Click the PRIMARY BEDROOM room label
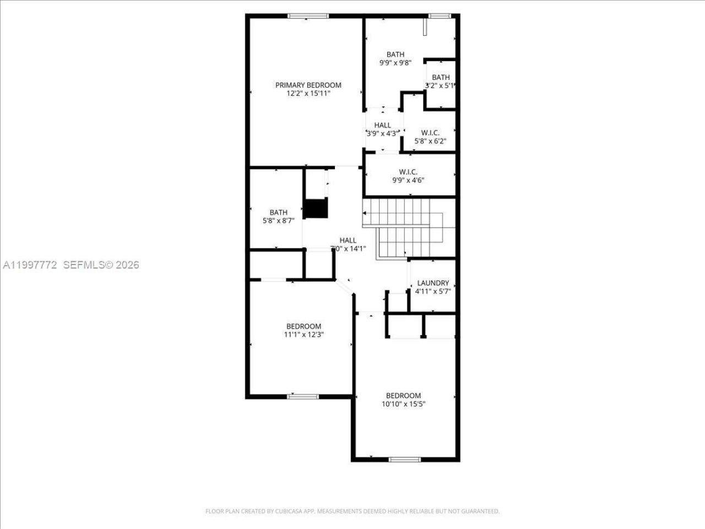308,85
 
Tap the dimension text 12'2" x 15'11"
308,94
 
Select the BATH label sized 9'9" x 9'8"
395,54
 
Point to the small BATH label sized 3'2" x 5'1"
440,77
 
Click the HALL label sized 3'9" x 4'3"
382,125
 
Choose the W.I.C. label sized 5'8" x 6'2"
430,132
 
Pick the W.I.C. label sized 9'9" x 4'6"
408,171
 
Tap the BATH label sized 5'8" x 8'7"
278,212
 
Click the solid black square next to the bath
316,209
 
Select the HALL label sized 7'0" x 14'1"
348,240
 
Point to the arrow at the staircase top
365,212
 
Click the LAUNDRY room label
433,283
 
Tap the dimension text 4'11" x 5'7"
433,292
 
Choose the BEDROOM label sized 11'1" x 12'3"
303,326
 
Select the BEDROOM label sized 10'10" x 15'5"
403,395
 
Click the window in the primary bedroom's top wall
305,16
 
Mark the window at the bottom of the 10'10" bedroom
405,459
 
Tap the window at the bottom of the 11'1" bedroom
303,396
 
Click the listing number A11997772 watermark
30,265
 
